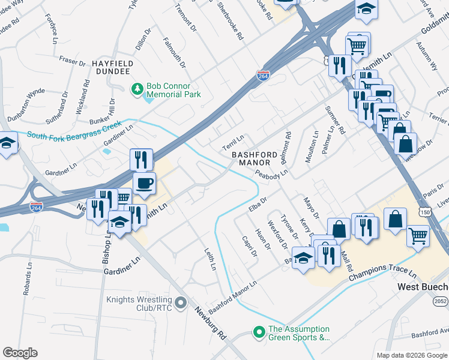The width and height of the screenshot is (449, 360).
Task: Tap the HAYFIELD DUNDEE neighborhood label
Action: (111, 67)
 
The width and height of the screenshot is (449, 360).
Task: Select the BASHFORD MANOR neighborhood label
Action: (255, 158)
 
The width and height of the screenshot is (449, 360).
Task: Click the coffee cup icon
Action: (144, 182)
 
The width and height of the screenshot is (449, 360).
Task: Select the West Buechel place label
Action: (423, 287)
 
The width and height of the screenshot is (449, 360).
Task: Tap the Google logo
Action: (20, 353)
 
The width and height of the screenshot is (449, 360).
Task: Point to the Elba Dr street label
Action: (257, 203)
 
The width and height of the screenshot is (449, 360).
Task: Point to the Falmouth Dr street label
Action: (175, 51)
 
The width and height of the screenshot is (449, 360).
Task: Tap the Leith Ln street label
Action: (209, 259)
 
